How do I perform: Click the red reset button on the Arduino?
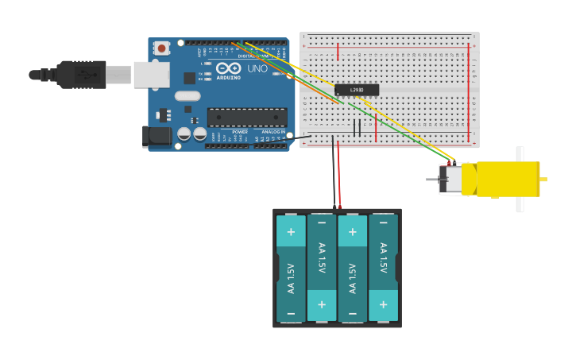coord(162,48)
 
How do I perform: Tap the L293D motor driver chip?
coord(357,90)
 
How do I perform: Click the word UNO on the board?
coord(257,69)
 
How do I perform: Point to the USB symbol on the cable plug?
coord(86,75)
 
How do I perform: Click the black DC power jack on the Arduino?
coord(158,136)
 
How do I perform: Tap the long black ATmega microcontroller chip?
coord(247,118)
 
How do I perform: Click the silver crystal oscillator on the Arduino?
coord(187,96)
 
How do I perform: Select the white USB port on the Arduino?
coord(151,74)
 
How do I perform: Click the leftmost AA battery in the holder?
coord(291,268)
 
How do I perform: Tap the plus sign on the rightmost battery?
coord(383,305)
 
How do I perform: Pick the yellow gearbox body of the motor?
coord(508,179)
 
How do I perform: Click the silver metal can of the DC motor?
coord(451,179)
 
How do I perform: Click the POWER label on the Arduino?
coord(240,132)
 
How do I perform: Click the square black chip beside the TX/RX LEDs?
coord(189,78)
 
